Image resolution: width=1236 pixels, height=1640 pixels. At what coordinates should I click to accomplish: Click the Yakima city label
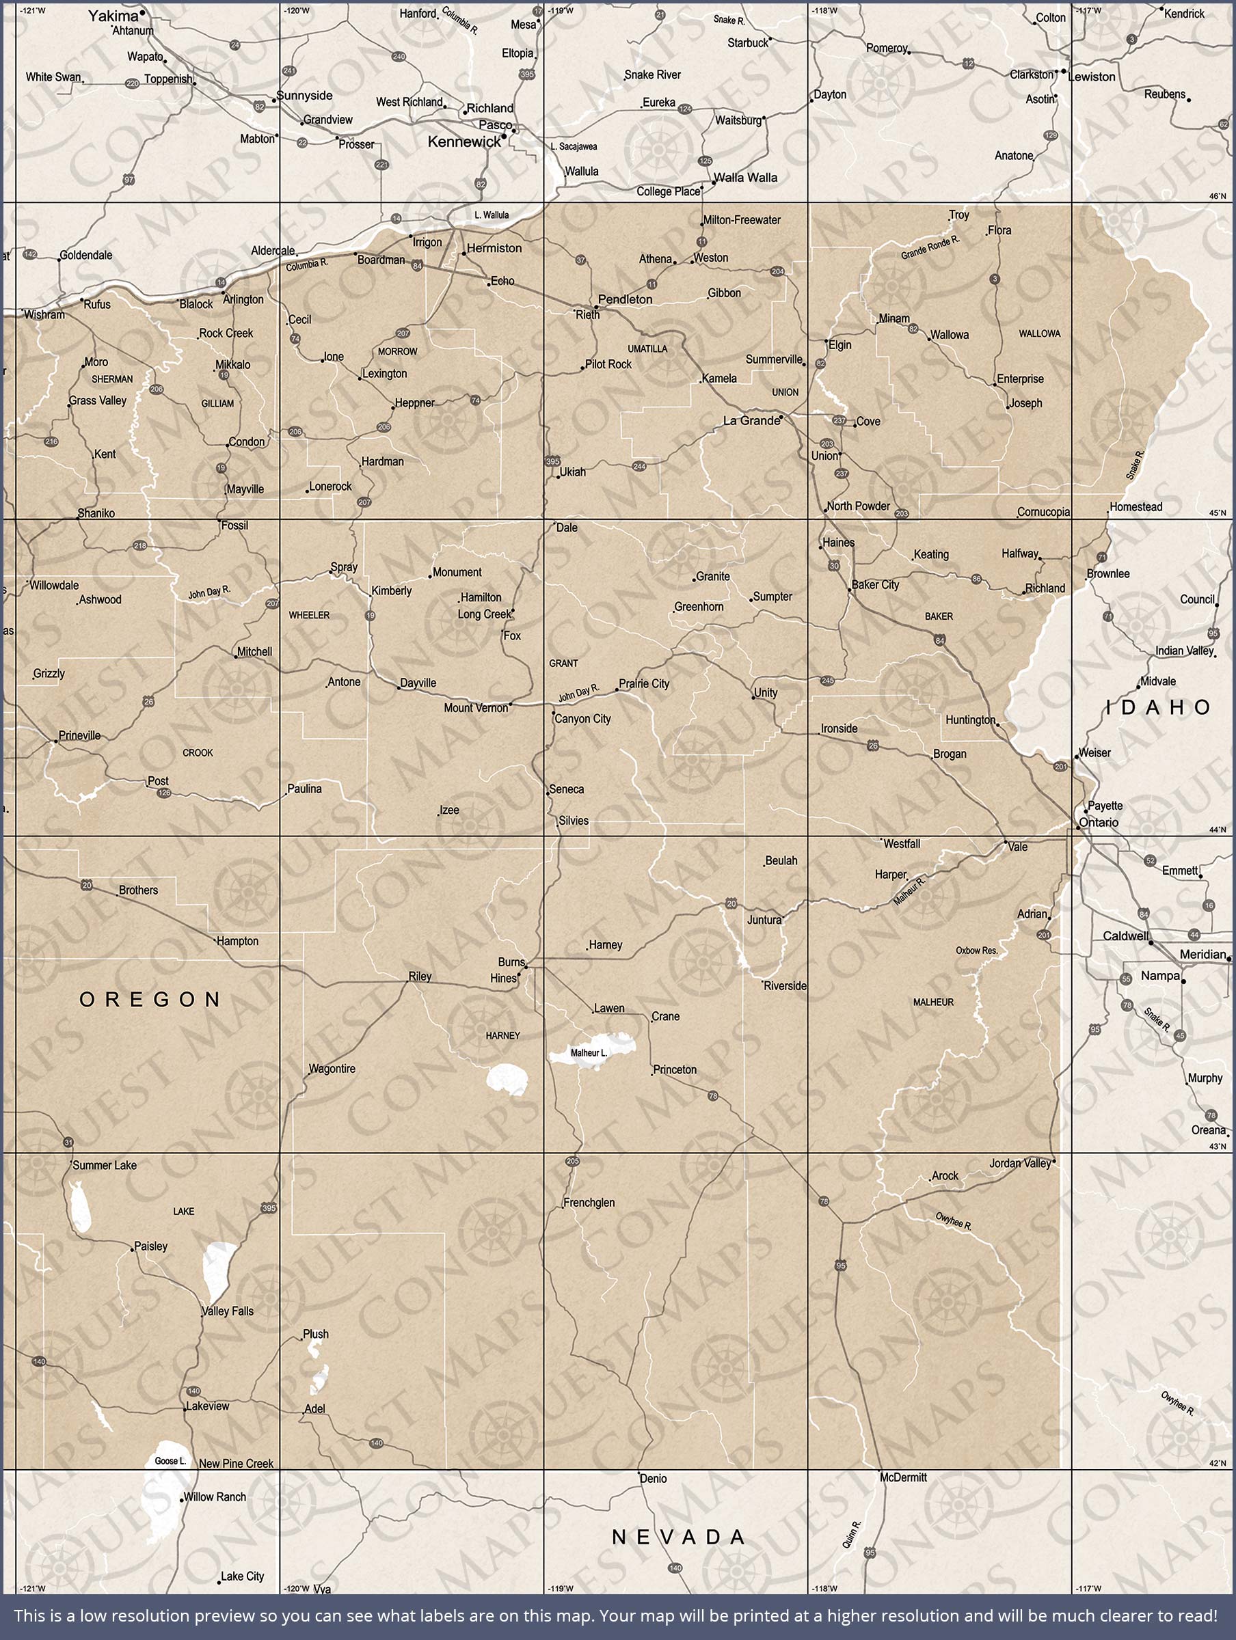coord(113,16)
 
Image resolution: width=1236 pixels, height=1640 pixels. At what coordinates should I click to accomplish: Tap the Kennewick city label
coord(464,141)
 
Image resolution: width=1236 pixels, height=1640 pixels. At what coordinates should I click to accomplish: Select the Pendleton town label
coord(625,299)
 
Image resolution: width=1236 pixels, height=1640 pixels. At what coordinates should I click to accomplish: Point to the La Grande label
coord(751,421)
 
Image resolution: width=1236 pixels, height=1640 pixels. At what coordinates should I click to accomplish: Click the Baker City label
coord(876,585)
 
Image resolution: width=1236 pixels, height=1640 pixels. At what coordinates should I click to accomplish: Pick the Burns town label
coord(511,962)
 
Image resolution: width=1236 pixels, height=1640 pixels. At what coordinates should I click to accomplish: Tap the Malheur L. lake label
coord(589,1053)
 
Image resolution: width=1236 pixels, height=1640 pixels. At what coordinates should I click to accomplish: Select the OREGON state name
coord(150,1000)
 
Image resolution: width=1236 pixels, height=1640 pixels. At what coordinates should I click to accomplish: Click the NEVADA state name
coord(678,1537)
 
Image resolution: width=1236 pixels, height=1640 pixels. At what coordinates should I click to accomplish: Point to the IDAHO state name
coord(1158,707)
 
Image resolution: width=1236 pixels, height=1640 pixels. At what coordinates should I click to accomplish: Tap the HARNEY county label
coord(503,1036)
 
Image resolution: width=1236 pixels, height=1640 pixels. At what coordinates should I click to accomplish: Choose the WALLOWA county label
coord(1039,333)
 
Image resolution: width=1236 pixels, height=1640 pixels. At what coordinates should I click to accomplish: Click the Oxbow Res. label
coord(976,951)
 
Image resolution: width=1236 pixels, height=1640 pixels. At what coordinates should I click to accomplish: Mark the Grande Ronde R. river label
coord(930,247)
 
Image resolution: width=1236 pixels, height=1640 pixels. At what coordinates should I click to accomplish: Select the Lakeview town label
coord(208,1406)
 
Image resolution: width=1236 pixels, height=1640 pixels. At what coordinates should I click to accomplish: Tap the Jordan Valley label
coord(1020,1163)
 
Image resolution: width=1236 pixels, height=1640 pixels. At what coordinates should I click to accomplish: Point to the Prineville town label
coord(79,735)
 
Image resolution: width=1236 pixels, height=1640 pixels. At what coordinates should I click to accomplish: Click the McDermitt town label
coord(903,1477)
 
